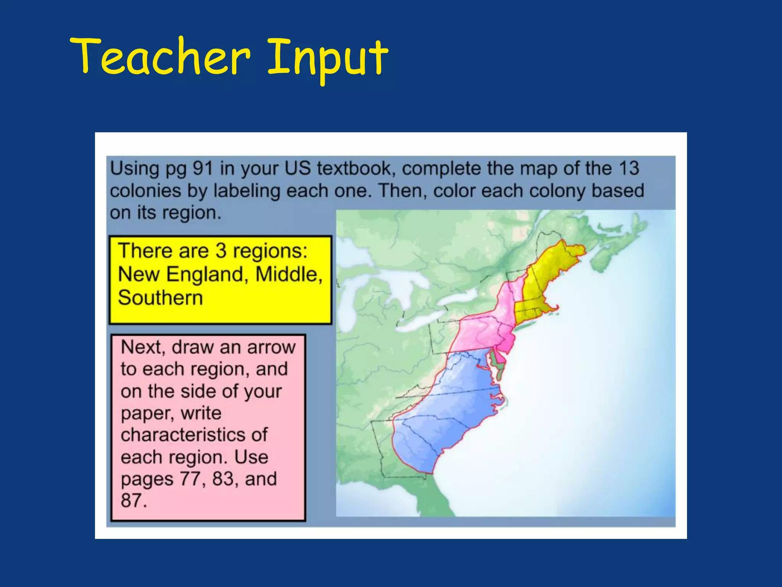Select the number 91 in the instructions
pyautogui.click(x=202, y=169)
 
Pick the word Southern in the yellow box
pyautogui.click(x=160, y=298)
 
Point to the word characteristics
pyautogui.click(x=194, y=435)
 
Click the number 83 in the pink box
pyautogui.click(x=223, y=478)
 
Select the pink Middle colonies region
pyautogui.click(x=481, y=329)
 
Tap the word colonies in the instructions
pyautogui.click(x=145, y=191)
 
